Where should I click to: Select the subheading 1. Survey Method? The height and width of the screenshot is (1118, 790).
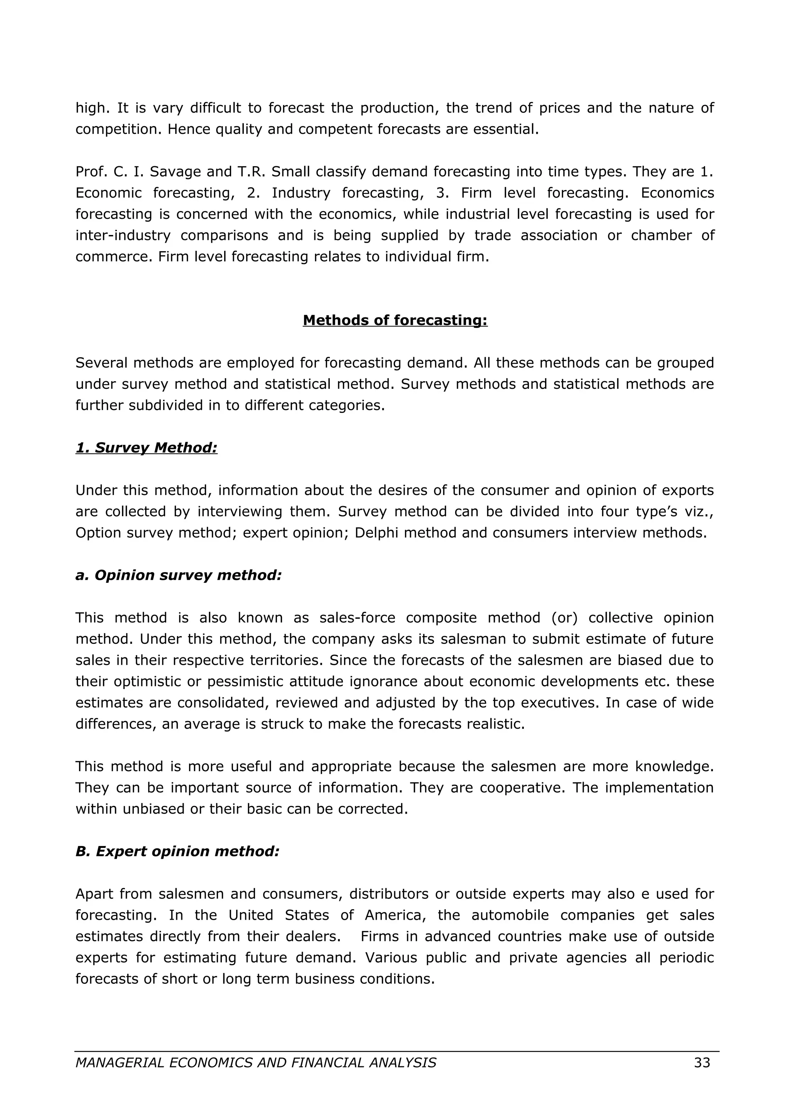coord(146,448)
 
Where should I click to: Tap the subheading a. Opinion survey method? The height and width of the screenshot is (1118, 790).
coord(178,575)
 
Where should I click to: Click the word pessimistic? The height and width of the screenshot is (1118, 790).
coord(247,681)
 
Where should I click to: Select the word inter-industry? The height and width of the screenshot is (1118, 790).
coord(123,235)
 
